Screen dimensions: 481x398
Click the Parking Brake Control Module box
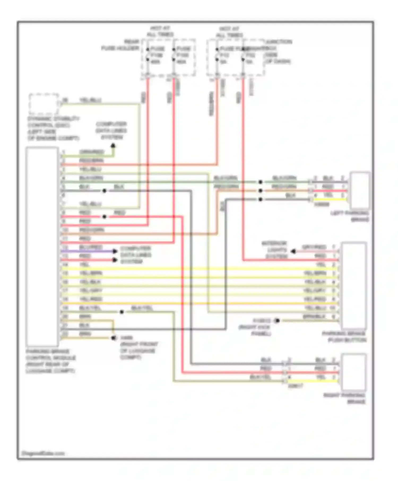42,247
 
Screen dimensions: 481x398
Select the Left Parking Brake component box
360,191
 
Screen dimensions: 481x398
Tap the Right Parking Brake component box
354,372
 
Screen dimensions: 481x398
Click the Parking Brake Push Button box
354,286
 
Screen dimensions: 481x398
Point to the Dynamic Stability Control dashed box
44,104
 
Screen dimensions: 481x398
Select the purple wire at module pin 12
88,251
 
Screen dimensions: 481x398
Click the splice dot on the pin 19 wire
122,312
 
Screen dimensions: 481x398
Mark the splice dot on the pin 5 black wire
104,191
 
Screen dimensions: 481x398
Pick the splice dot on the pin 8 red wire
104,217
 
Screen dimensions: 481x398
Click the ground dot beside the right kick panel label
277,321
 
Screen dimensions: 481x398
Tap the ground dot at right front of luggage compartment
114,338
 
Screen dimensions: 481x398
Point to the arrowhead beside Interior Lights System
293,251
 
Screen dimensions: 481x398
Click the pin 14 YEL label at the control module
84,264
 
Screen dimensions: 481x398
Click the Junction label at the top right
279,42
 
